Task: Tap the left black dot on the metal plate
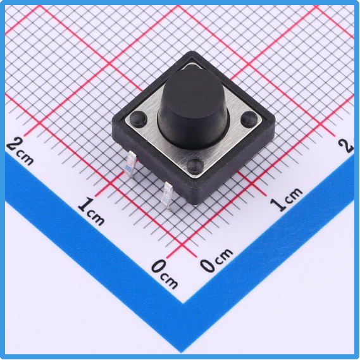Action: click(138, 118)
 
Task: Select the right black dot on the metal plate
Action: click(249, 119)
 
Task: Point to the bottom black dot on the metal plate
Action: click(196, 165)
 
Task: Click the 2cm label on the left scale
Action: click(20, 152)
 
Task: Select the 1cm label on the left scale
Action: click(91, 211)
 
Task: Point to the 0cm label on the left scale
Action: click(164, 274)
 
